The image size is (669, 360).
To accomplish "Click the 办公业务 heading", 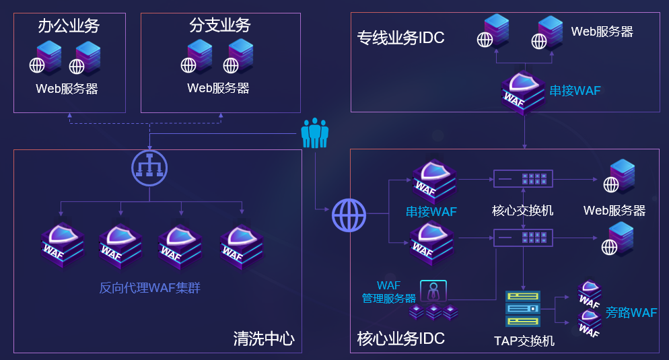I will [69, 26].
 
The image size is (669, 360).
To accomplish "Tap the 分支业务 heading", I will [220, 26].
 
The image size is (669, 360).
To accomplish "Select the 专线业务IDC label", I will [400, 38].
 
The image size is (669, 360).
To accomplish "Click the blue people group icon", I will [314, 133].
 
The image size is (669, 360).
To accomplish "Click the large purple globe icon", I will [349, 216].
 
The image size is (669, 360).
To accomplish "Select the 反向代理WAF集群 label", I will [149, 288].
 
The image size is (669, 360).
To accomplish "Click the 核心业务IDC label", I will [400, 338].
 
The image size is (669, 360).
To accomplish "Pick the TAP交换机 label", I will [524, 340].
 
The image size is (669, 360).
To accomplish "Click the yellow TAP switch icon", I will [523, 309].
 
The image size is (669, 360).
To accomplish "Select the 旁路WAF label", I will [631, 312].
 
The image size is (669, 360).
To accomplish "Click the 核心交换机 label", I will [522, 211].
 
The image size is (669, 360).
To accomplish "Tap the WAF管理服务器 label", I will [388, 292].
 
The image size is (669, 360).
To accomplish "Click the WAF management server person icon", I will [433, 291].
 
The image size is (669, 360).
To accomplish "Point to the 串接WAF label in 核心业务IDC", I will [431, 212].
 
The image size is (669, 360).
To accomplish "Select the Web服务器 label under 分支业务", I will [218, 88].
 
